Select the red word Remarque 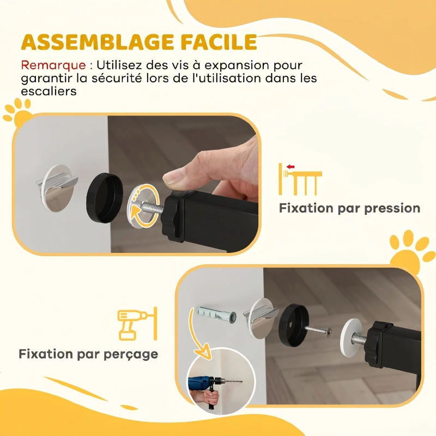(52, 65)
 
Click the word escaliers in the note (49, 92)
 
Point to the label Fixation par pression (349, 208)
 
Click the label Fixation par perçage (88, 354)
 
